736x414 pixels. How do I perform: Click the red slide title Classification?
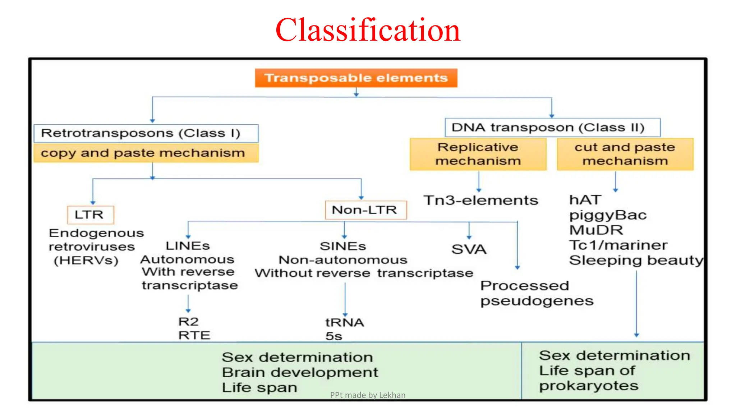tap(368, 30)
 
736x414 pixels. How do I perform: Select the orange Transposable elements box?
tap(356, 78)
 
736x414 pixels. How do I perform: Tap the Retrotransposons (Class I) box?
tap(146, 133)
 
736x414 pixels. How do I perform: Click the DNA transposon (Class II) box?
tap(552, 128)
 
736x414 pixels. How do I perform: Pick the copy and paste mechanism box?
tap(146, 153)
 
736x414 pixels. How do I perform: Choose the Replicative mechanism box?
tap(478, 154)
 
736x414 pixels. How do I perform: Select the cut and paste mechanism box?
tap(625, 154)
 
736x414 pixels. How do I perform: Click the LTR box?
tap(90, 215)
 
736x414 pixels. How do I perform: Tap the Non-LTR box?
tap(365, 210)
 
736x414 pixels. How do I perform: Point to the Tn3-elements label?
tap(480, 200)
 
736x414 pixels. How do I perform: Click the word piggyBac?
tap(608, 215)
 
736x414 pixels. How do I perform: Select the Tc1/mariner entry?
tap(618, 245)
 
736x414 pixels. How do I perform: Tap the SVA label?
tap(469, 249)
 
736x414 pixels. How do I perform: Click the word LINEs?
tap(188, 246)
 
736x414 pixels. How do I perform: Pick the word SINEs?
tap(343, 246)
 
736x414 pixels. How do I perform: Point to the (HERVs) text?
tap(86, 260)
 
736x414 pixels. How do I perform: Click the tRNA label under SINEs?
tap(344, 322)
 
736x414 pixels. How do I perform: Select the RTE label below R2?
tap(194, 335)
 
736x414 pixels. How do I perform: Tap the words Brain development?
tap(300, 372)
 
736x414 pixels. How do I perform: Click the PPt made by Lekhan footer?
tap(367, 395)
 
